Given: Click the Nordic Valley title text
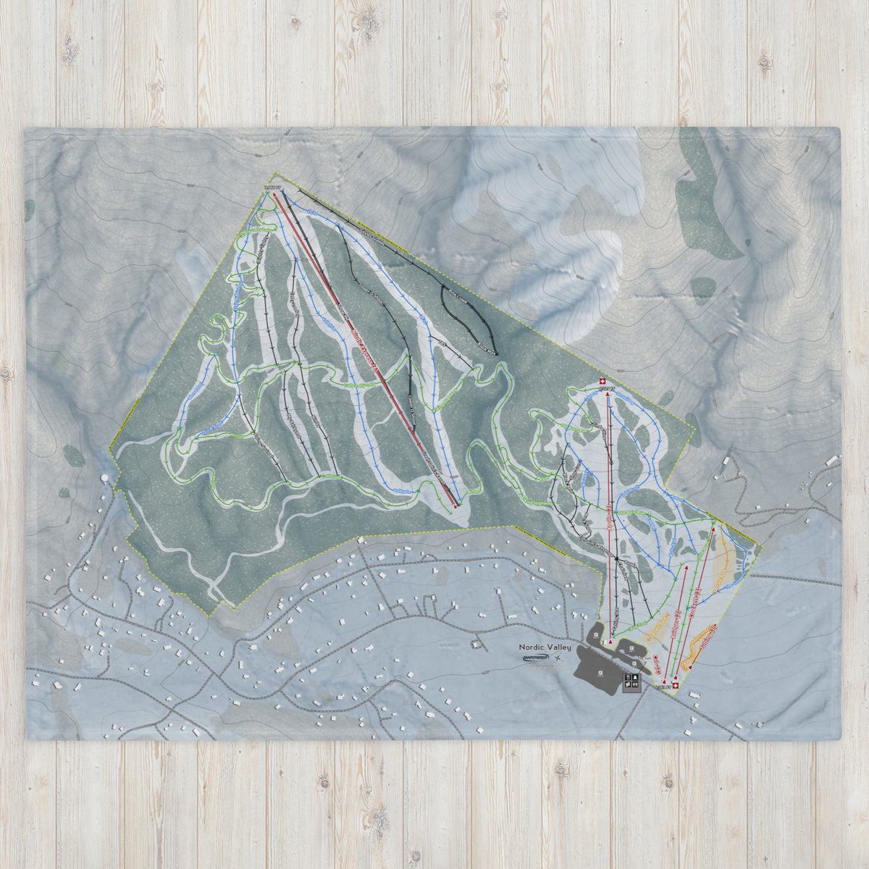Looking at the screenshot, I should (545, 647).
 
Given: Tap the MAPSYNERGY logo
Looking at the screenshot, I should (535, 658).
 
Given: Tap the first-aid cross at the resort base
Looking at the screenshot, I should (675, 684).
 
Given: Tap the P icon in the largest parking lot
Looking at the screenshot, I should (600, 674).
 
